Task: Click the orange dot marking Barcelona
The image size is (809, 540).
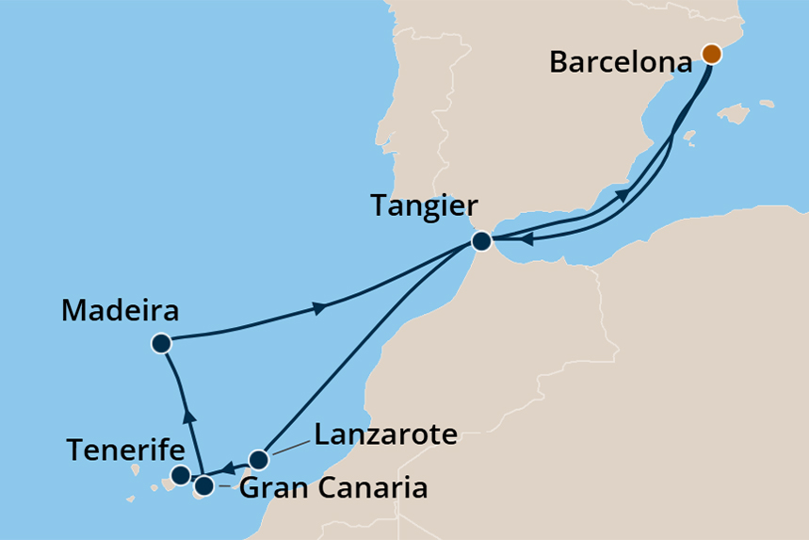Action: point(712,54)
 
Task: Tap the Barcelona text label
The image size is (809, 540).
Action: point(622,63)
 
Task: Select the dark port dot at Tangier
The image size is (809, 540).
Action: point(481,241)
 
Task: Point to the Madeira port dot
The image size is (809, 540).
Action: point(161,344)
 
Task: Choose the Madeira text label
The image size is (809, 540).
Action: point(120,311)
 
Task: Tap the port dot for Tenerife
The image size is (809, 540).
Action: point(181,474)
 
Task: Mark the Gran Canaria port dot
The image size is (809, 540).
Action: point(203,487)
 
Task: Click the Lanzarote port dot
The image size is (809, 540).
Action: point(259,460)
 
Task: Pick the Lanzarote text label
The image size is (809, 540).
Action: point(385,434)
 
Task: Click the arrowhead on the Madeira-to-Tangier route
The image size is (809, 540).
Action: point(320,308)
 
